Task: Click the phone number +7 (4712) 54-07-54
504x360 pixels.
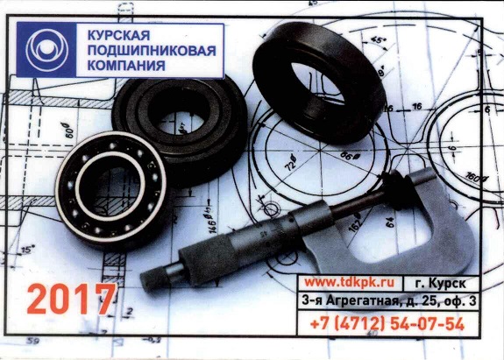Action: pos(387,324)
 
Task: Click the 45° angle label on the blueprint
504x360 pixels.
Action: pos(379,40)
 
